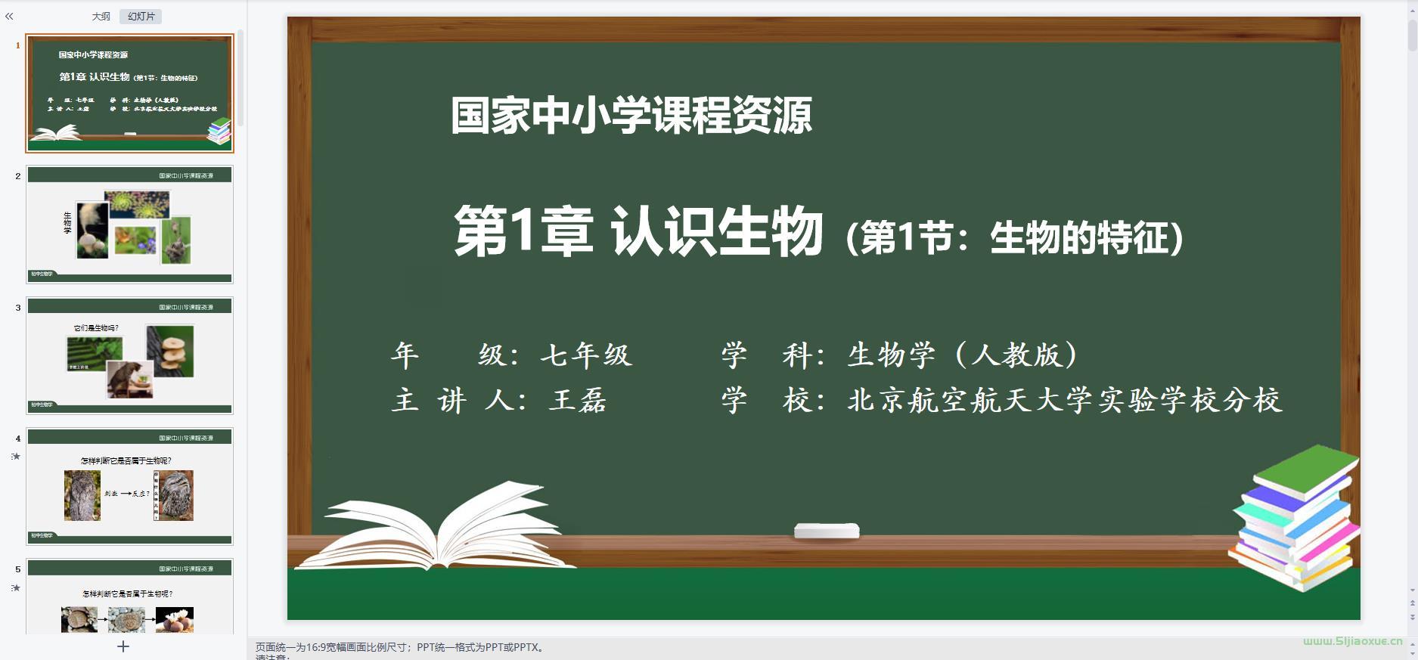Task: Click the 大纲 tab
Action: point(101,17)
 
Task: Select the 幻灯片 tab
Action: point(141,17)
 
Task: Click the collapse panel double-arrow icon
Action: point(9,16)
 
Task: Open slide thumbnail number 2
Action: point(129,225)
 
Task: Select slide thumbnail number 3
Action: point(129,355)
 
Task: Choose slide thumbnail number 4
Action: point(129,486)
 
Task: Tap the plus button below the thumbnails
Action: point(123,646)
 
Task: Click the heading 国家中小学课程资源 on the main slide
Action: point(631,116)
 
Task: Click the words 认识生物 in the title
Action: point(716,232)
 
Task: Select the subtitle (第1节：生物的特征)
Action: point(1014,238)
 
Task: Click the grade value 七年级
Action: point(586,355)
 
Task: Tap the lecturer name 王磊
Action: point(579,400)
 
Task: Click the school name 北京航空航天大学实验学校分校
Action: point(1065,400)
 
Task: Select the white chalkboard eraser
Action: point(827,531)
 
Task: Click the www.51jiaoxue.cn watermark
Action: point(1352,641)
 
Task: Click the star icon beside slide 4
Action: point(16,457)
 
